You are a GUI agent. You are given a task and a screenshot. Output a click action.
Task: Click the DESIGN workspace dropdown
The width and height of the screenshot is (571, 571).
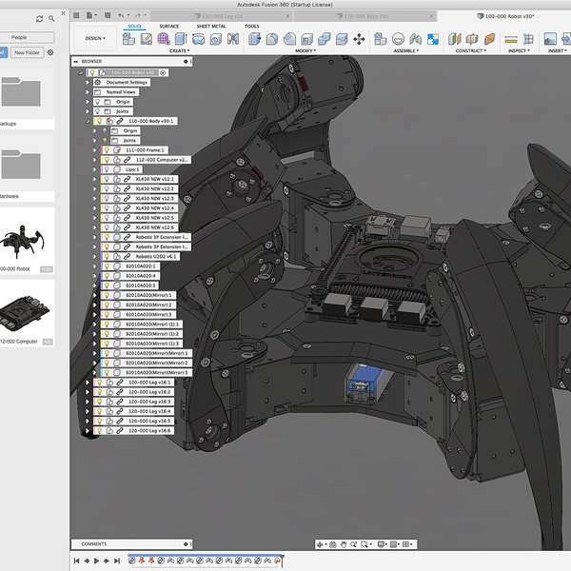96,39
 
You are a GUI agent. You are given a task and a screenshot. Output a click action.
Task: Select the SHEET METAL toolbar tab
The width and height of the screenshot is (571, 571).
211,27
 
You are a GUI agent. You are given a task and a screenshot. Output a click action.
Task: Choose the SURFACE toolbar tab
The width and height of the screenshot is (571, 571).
168,27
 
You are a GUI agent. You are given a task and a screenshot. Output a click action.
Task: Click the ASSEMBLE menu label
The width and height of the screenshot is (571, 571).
404,49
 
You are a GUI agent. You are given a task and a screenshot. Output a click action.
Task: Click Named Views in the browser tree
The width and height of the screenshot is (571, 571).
122,91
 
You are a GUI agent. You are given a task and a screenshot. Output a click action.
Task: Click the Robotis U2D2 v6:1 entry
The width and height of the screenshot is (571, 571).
156,256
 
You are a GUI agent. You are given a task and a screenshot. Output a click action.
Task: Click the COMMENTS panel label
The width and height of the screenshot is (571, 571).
93,543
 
